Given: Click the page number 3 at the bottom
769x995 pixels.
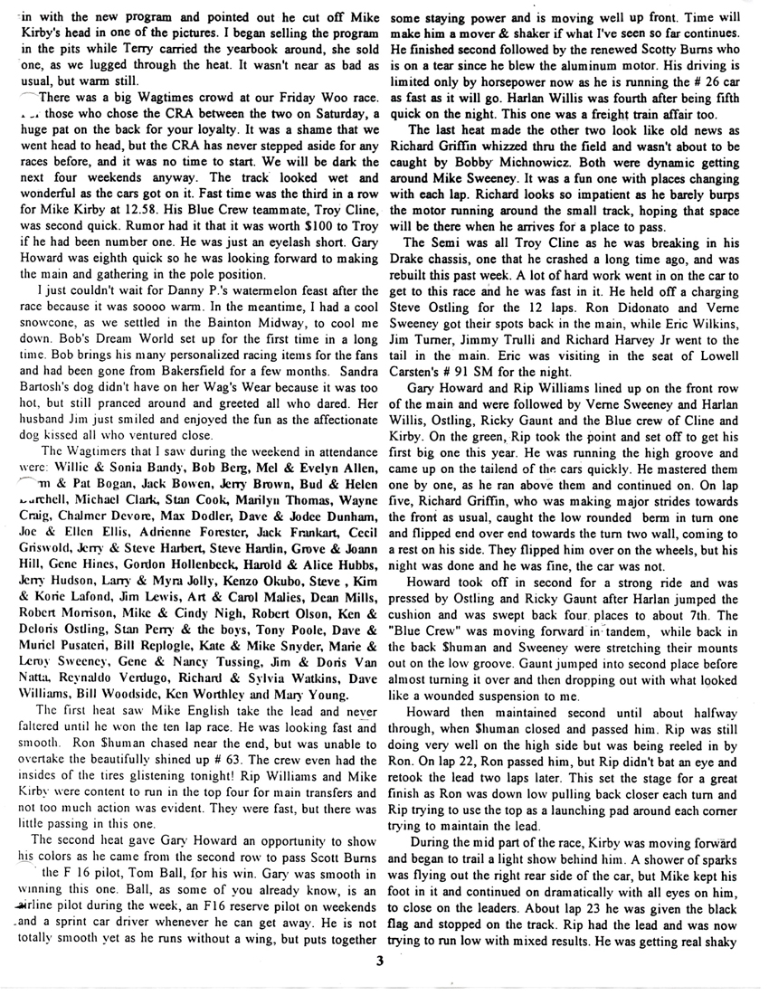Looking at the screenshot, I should click(x=383, y=962).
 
